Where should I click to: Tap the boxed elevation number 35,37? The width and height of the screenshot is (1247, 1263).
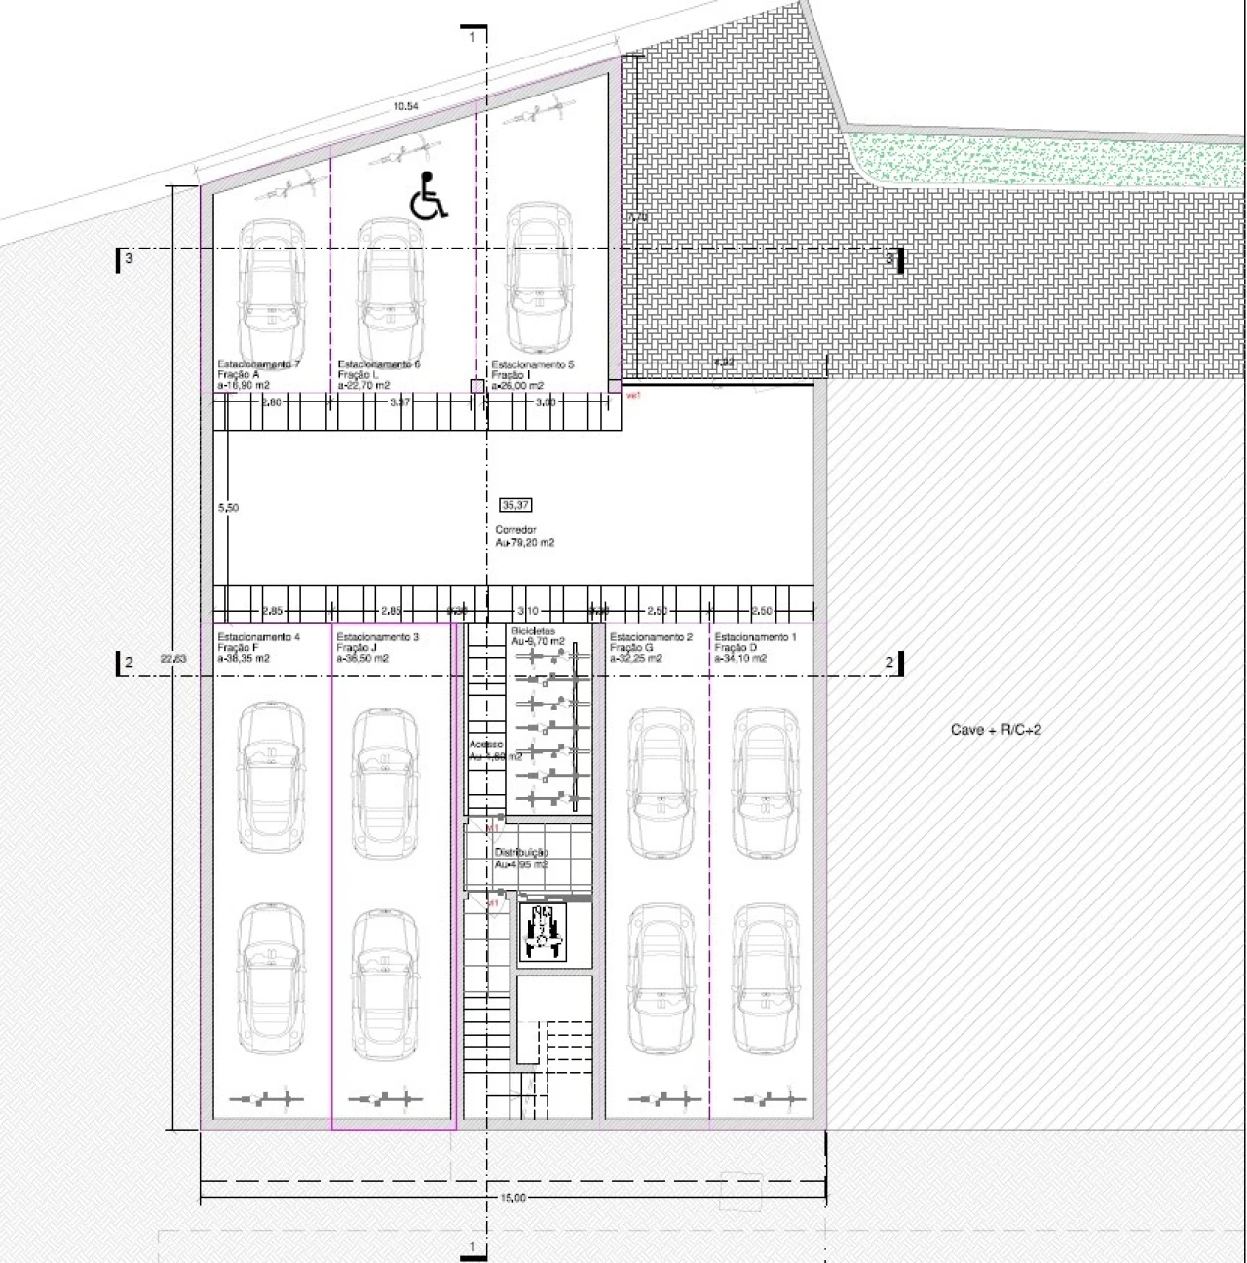tap(514, 505)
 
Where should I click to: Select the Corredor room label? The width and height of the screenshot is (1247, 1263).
tap(515, 530)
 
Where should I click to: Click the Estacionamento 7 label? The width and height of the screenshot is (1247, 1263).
tap(257, 364)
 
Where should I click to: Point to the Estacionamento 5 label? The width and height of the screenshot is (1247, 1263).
tap(532, 364)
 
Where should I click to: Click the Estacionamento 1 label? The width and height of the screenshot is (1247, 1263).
tap(755, 637)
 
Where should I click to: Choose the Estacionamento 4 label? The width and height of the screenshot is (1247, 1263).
tap(258, 637)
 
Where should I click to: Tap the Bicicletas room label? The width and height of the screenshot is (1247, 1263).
tap(533, 631)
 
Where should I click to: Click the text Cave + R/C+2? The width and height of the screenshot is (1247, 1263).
tap(996, 729)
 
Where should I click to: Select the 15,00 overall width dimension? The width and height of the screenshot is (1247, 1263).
tap(513, 1197)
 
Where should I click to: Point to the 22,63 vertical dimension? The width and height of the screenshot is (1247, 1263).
tap(172, 659)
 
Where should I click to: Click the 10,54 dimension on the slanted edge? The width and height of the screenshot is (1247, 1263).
tap(405, 106)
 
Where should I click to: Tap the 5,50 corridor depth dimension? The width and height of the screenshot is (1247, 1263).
tap(228, 508)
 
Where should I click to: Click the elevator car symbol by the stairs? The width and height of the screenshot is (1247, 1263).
tap(543, 933)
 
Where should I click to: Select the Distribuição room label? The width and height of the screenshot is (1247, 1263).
tap(521, 853)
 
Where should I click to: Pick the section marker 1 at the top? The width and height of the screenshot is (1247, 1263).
tap(472, 37)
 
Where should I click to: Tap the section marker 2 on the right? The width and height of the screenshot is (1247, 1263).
tap(889, 663)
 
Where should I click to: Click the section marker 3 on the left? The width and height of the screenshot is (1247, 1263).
tap(128, 259)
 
